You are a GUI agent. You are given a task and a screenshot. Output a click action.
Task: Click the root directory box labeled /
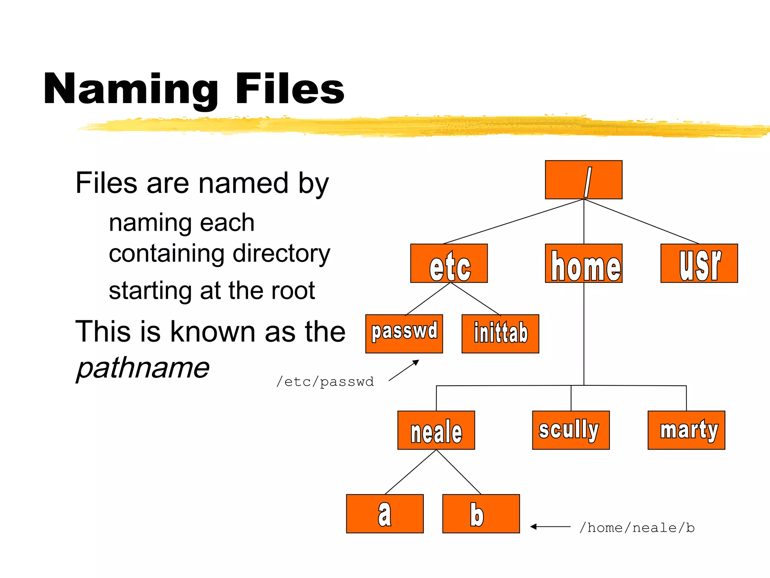click(x=584, y=180)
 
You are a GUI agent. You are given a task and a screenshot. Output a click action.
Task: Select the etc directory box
click(x=449, y=263)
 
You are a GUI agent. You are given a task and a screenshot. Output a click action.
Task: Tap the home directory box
click(x=584, y=263)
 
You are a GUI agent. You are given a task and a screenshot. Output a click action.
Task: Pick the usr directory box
click(x=699, y=263)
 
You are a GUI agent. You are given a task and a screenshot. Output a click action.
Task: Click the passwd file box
click(x=404, y=334)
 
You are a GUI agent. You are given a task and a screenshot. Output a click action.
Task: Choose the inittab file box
click(x=500, y=334)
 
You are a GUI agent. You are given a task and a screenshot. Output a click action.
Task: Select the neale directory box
click(x=436, y=430)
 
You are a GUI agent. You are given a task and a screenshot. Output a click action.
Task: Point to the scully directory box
click(x=571, y=430)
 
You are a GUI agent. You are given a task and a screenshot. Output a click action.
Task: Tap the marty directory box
click(x=686, y=430)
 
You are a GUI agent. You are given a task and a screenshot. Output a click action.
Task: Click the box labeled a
click(x=385, y=514)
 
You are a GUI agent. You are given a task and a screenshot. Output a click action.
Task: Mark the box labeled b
click(x=481, y=514)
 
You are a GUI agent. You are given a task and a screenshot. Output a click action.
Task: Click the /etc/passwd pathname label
click(x=325, y=382)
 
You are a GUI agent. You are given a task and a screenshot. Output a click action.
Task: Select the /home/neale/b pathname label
click(x=637, y=528)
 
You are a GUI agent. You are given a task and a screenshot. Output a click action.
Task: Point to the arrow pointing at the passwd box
click(x=404, y=370)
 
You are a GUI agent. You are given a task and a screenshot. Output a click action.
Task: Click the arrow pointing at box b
click(x=550, y=527)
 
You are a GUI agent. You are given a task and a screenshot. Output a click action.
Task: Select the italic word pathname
click(x=143, y=368)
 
